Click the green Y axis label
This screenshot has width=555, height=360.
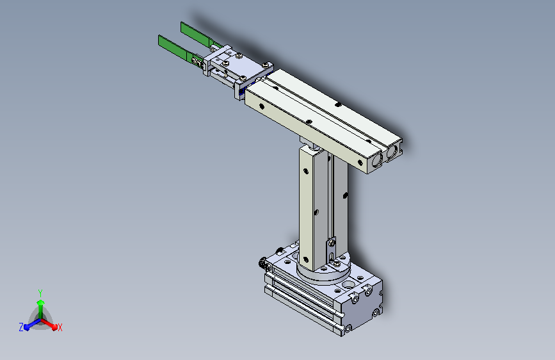pyautogui.click(x=40, y=293)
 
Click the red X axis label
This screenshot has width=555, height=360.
pyautogui.click(x=60, y=328)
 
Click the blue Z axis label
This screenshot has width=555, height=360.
pyautogui.click(x=21, y=327)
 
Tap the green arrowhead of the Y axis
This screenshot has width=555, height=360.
pyautogui.click(x=41, y=302)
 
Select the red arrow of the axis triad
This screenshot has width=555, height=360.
pyautogui.click(x=49, y=324)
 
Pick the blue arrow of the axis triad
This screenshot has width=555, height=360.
pyautogui.click(x=33, y=324)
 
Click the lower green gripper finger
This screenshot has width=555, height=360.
pyautogui.click(x=176, y=48)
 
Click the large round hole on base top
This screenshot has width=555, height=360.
pyautogui.click(x=349, y=284)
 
